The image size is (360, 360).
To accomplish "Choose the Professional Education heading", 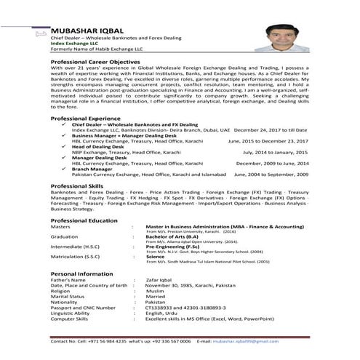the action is [84, 220].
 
